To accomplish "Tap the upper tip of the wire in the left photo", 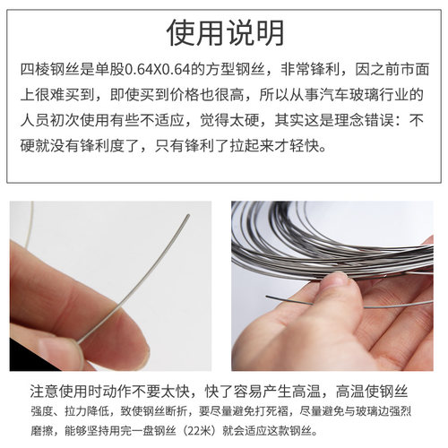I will [x=187, y=216].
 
